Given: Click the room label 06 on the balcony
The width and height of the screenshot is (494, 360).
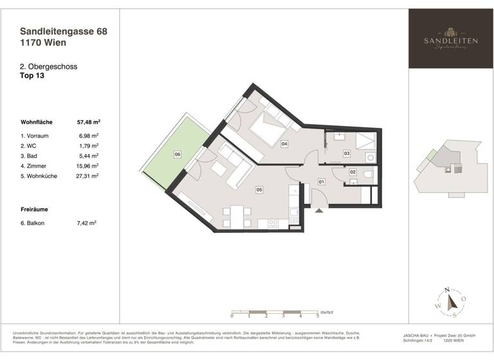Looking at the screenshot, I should coord(178,154).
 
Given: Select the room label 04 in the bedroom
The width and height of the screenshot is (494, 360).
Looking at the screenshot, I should coord(284,145).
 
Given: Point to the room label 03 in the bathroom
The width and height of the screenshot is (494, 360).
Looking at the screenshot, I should coord(346,154).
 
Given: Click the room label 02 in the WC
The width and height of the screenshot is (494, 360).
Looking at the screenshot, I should coord(352,172).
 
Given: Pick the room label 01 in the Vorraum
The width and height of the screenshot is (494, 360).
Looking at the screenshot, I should coord(321,183).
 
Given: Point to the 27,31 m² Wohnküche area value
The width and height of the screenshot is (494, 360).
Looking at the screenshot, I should coord(87,175).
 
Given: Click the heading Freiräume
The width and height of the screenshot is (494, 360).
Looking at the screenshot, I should coord(35,210).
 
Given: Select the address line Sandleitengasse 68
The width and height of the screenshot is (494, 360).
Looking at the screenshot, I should coord(62,30).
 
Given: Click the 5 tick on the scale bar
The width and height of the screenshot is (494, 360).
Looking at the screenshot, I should coord(318,316).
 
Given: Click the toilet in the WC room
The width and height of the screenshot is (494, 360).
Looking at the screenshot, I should coord(367,174).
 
